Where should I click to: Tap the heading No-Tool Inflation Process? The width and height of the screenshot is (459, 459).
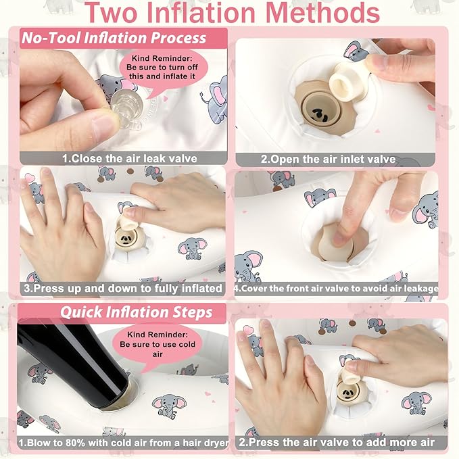[114, 38]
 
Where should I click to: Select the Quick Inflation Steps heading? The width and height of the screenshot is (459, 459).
[136, 312]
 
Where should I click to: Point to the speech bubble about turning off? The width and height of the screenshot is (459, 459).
[162, 70]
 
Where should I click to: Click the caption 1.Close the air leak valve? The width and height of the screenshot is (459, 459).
[130, 159]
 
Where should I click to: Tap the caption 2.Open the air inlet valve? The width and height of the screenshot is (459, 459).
[328, 160]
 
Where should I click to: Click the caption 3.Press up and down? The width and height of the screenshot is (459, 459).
[123, 289]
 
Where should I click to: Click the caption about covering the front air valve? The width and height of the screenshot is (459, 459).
[337, 289]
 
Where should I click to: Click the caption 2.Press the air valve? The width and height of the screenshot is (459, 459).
[337, 442]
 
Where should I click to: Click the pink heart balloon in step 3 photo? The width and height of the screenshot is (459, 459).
[30, 177]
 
